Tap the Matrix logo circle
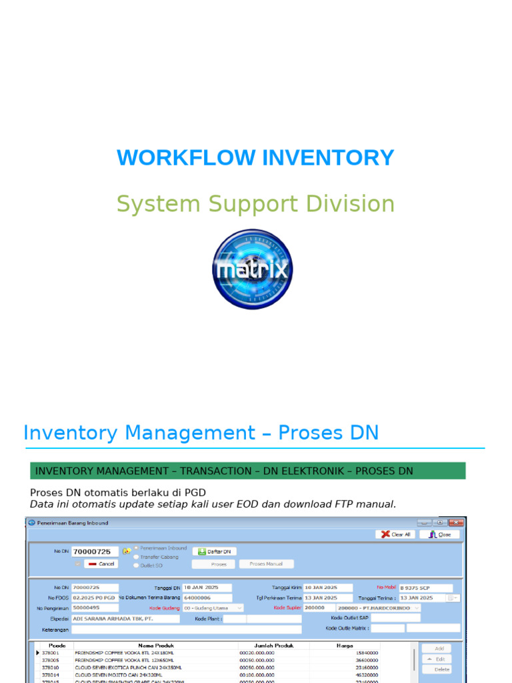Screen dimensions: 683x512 coord(252,269)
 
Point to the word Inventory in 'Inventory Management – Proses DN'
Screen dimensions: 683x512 coord(69,433)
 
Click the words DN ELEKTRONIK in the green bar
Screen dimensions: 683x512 coord(306,471)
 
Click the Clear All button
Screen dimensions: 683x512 coord(395,534)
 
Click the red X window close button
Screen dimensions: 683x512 coord(457,523)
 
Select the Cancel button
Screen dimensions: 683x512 coord(101,564)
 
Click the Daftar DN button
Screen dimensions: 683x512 coord(215,552)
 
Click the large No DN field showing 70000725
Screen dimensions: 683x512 coord(95,552)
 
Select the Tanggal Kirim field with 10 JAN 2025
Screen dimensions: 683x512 coord(328,588)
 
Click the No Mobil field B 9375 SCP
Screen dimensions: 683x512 coord(425,588)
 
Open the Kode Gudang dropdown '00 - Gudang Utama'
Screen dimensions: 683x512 coord(213,608)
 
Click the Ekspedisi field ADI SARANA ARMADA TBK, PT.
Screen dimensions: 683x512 coord(125,619)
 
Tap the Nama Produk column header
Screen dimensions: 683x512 coord(155,646)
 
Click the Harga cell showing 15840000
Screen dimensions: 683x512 coord(367,653)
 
